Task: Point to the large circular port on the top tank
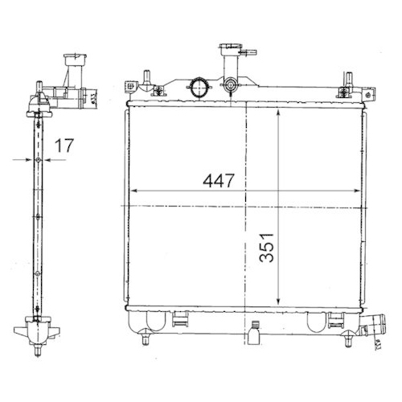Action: [198, 85]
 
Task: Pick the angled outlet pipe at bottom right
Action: [369, 327]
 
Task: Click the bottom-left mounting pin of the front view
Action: [145, 338]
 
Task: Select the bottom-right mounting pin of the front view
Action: [348, 338]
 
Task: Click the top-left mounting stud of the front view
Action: [146, 79]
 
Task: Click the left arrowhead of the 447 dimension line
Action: [133, 191]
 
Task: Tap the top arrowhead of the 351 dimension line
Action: [278, 113]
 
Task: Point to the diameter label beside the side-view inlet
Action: [95, 98]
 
